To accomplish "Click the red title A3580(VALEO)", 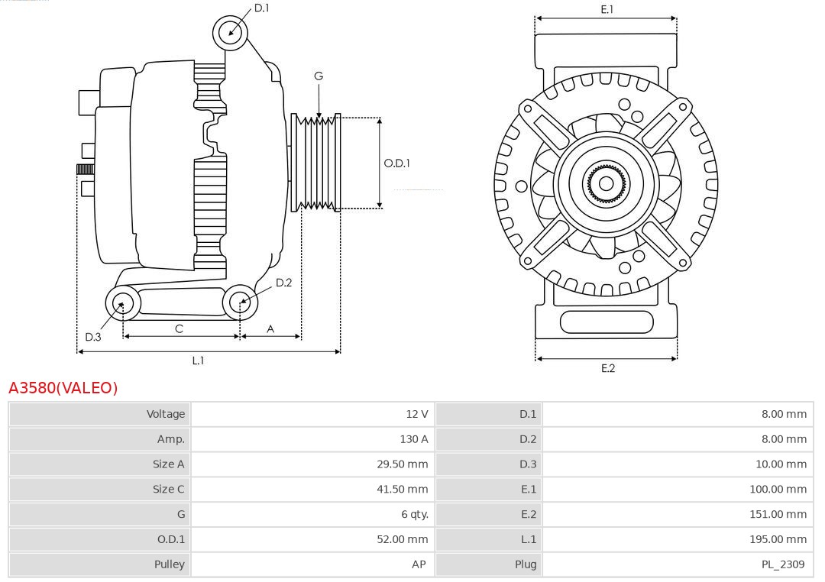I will click(x=63, y=388).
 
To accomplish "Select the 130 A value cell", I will click(x=413, y=439).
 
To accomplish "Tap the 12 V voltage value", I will click(x=416, y=414).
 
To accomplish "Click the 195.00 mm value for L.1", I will click(x=778, y=539).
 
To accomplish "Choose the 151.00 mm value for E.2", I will click(x=778, y=514).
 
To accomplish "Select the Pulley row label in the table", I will click(x=169, y=564).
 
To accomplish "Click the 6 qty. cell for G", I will click(x=415, y=514).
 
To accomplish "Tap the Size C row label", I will click(x=168, y=489).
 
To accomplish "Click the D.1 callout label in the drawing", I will click(x=262, y=8).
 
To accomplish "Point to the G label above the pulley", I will click(x=319, y=76).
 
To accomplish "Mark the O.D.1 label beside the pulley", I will click(x=396, y=163).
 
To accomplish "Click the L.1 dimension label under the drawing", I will click(x=198, y=361).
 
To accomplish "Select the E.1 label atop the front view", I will click(x=607, y=9).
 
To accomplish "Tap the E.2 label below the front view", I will click(x=607, y=368).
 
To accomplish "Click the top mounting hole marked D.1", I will click(x=230, y=32).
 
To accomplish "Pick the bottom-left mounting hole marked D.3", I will click(x=120, y=303).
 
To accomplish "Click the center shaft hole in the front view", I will click(x=606, y=183).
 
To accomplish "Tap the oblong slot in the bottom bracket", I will click(x=607, y=322).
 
